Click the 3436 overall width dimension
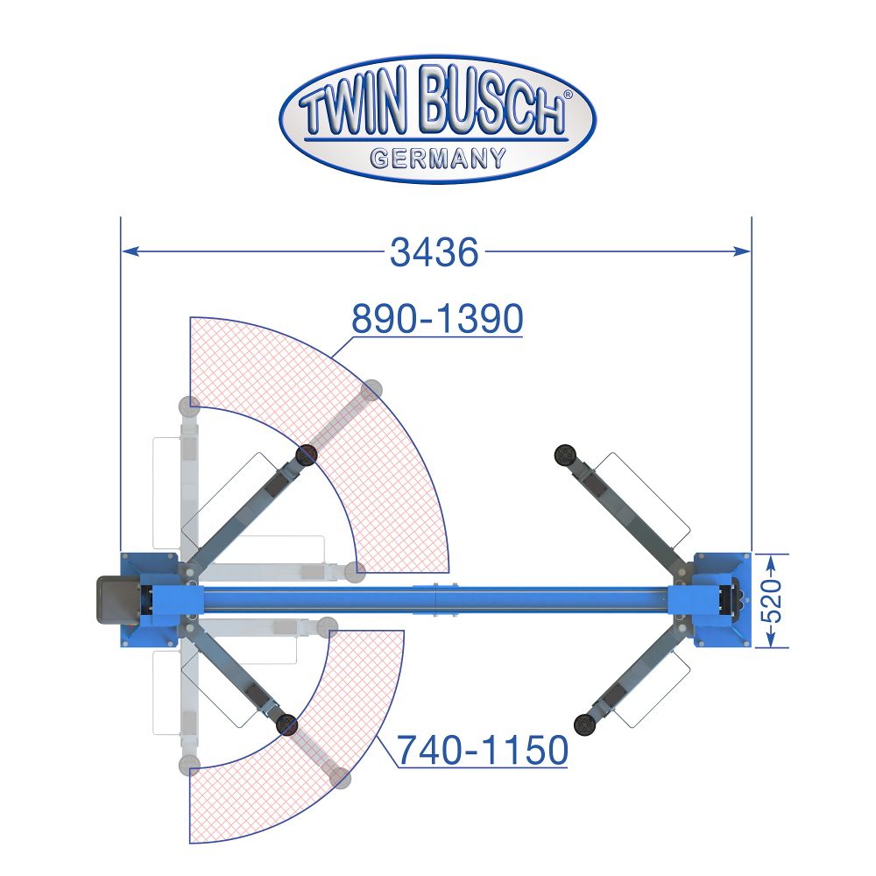click(434, 252)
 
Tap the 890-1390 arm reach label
click(437, 319)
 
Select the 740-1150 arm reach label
click(482, 750)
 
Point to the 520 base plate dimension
click(772, 601)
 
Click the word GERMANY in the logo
click(438, 158)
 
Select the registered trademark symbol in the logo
click(569, 95)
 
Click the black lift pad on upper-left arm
click(306, 456)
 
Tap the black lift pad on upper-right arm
click(565, 456)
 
